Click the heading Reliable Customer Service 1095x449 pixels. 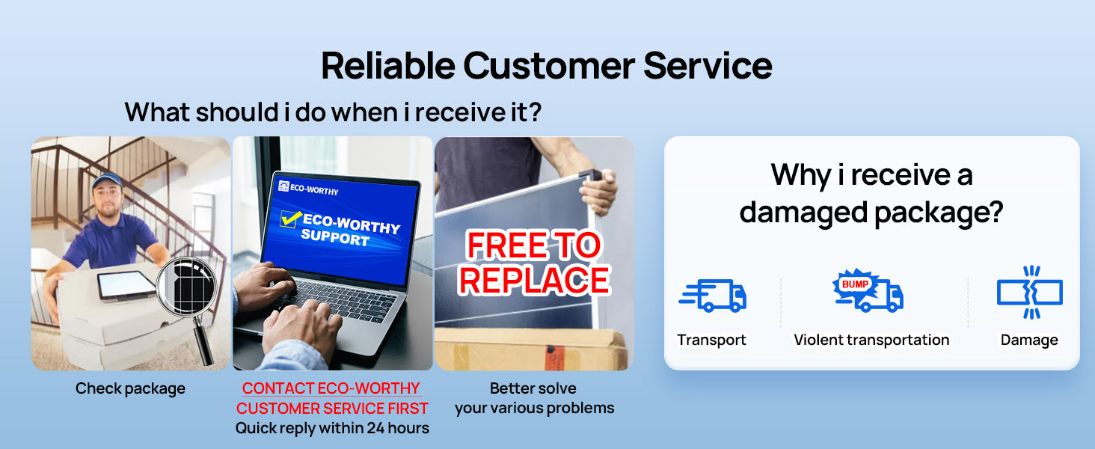(x=547, y=66)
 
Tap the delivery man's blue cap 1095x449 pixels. (x=106, y=180)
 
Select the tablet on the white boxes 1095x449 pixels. (x=126, y=285)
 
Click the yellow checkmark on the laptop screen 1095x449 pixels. (x=291, y=219)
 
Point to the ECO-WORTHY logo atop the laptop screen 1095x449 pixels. (x=308, y=188)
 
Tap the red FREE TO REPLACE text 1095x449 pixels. (x=534, y=263)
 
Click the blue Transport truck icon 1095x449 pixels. (x=712, y=296)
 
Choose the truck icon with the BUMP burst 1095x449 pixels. (x=868, y=290)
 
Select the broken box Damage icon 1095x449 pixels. (x=1030, y=293)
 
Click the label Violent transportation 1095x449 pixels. (x=871, y=340)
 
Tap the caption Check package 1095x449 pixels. (x=131, y=389)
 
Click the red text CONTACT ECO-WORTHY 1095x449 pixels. (x=331, y=388)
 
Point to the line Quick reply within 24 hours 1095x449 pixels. (x=332, y=428)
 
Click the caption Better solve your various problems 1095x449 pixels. (x=534, y=398)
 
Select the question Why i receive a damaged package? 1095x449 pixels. (x=871, y=194)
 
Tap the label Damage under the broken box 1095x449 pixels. (x=1029, y=340)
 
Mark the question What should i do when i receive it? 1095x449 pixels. (x=333, y=112)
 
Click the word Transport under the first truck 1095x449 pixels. (x=712, y=340)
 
